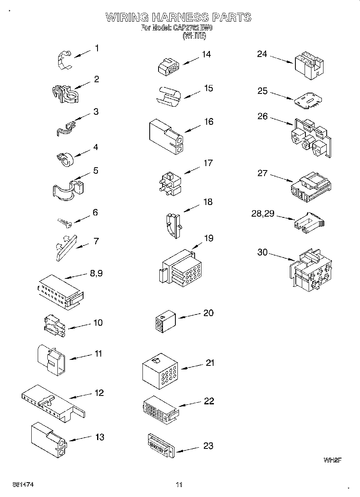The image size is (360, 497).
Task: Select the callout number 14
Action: click(x=206, y=54)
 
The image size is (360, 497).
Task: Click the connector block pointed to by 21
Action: click(x=160, y=371)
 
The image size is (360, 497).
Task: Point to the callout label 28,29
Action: click(x=262, y=214)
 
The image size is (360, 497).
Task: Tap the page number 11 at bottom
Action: click(x=179, y=485)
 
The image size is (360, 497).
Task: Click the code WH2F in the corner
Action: click(x=332, y=460)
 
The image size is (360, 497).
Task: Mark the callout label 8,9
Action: click(x=96, y=274)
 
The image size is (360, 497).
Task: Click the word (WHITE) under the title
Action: click(x=194, y=36)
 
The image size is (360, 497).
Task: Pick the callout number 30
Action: click(x=262, y=253)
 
